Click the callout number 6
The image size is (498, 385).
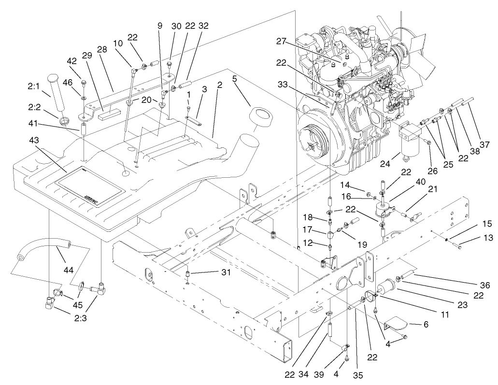tap(426, 325)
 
